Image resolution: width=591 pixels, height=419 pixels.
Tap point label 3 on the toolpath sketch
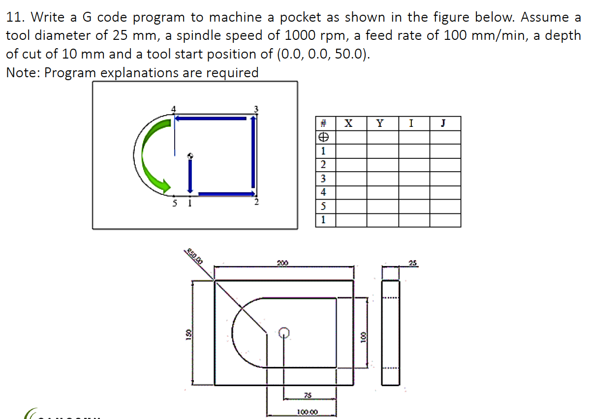tap(255, 108)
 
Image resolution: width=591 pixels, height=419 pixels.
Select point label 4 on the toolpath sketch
tap(172, 108)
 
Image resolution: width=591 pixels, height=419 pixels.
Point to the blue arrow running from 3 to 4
tap(212, 118)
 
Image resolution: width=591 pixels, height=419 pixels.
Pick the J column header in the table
tap(445, 123)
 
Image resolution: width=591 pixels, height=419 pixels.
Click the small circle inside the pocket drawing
tap(283, 333)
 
